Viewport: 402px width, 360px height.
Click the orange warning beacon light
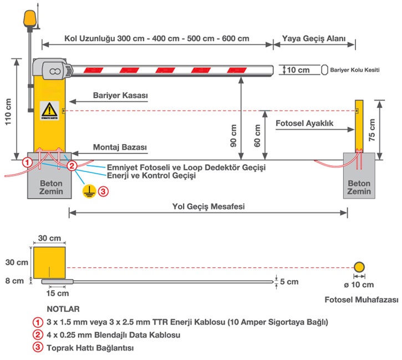point(28,19)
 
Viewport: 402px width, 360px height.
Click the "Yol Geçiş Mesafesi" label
point(208,206)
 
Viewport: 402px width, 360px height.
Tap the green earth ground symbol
point(87,191)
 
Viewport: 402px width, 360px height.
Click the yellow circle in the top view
point(360,266)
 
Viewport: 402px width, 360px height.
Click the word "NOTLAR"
point(64,308)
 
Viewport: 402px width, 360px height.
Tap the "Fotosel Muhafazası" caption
point(362,300)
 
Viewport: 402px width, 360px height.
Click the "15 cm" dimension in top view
point(58,293)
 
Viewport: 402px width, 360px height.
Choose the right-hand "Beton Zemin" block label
point(359,187)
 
